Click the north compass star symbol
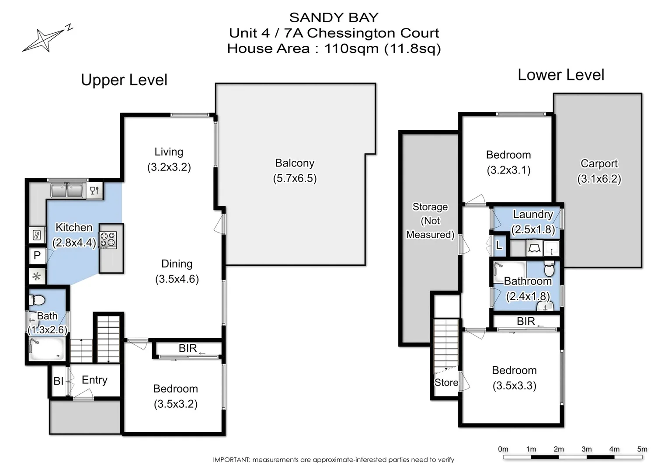click(44, 40)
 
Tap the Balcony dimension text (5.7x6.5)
click(295, 178)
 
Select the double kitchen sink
click(67, 191)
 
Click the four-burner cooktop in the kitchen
click(108, 240)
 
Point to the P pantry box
click(37, 256)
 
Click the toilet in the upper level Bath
click(37, 300)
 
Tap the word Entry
click(94, 380)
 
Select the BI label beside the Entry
click(58, 381)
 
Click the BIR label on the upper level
click(188, 348)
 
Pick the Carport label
click(599, 163)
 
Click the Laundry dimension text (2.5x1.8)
click(533, 229)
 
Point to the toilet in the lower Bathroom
click(549, 268)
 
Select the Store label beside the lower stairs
click(446, 382)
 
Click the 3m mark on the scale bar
click(586, 449)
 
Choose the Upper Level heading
click(124, 80)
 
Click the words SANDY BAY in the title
click(334, 17)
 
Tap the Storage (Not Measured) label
click(430, 221)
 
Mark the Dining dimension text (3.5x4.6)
click(177, 279)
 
